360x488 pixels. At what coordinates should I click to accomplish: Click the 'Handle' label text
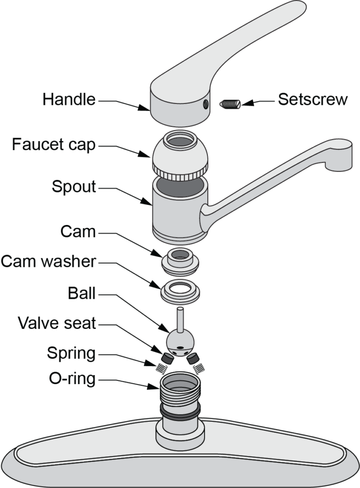[x=69, y=100]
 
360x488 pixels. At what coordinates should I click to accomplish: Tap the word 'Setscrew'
[x=313, y=100]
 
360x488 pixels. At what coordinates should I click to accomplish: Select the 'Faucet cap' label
[x=53, y=144]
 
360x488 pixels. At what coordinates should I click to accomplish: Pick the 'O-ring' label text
[x=72, y=380]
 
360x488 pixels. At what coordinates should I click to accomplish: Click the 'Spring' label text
[x=71, y=354]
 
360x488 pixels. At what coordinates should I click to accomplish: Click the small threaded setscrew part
[x=231, y=103]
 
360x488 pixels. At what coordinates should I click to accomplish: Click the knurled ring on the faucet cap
[x=181, y=167]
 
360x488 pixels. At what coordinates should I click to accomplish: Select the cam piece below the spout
[x=180, y=260]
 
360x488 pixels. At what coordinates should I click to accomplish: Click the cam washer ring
[x=180, y=290]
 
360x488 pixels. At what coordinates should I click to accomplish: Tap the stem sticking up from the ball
[x=181, y=319]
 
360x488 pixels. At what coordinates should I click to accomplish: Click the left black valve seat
[x=167, y=356]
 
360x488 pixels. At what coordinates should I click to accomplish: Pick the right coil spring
[x=199, y=367]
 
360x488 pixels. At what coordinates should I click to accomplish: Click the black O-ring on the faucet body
[x=181, y=411]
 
